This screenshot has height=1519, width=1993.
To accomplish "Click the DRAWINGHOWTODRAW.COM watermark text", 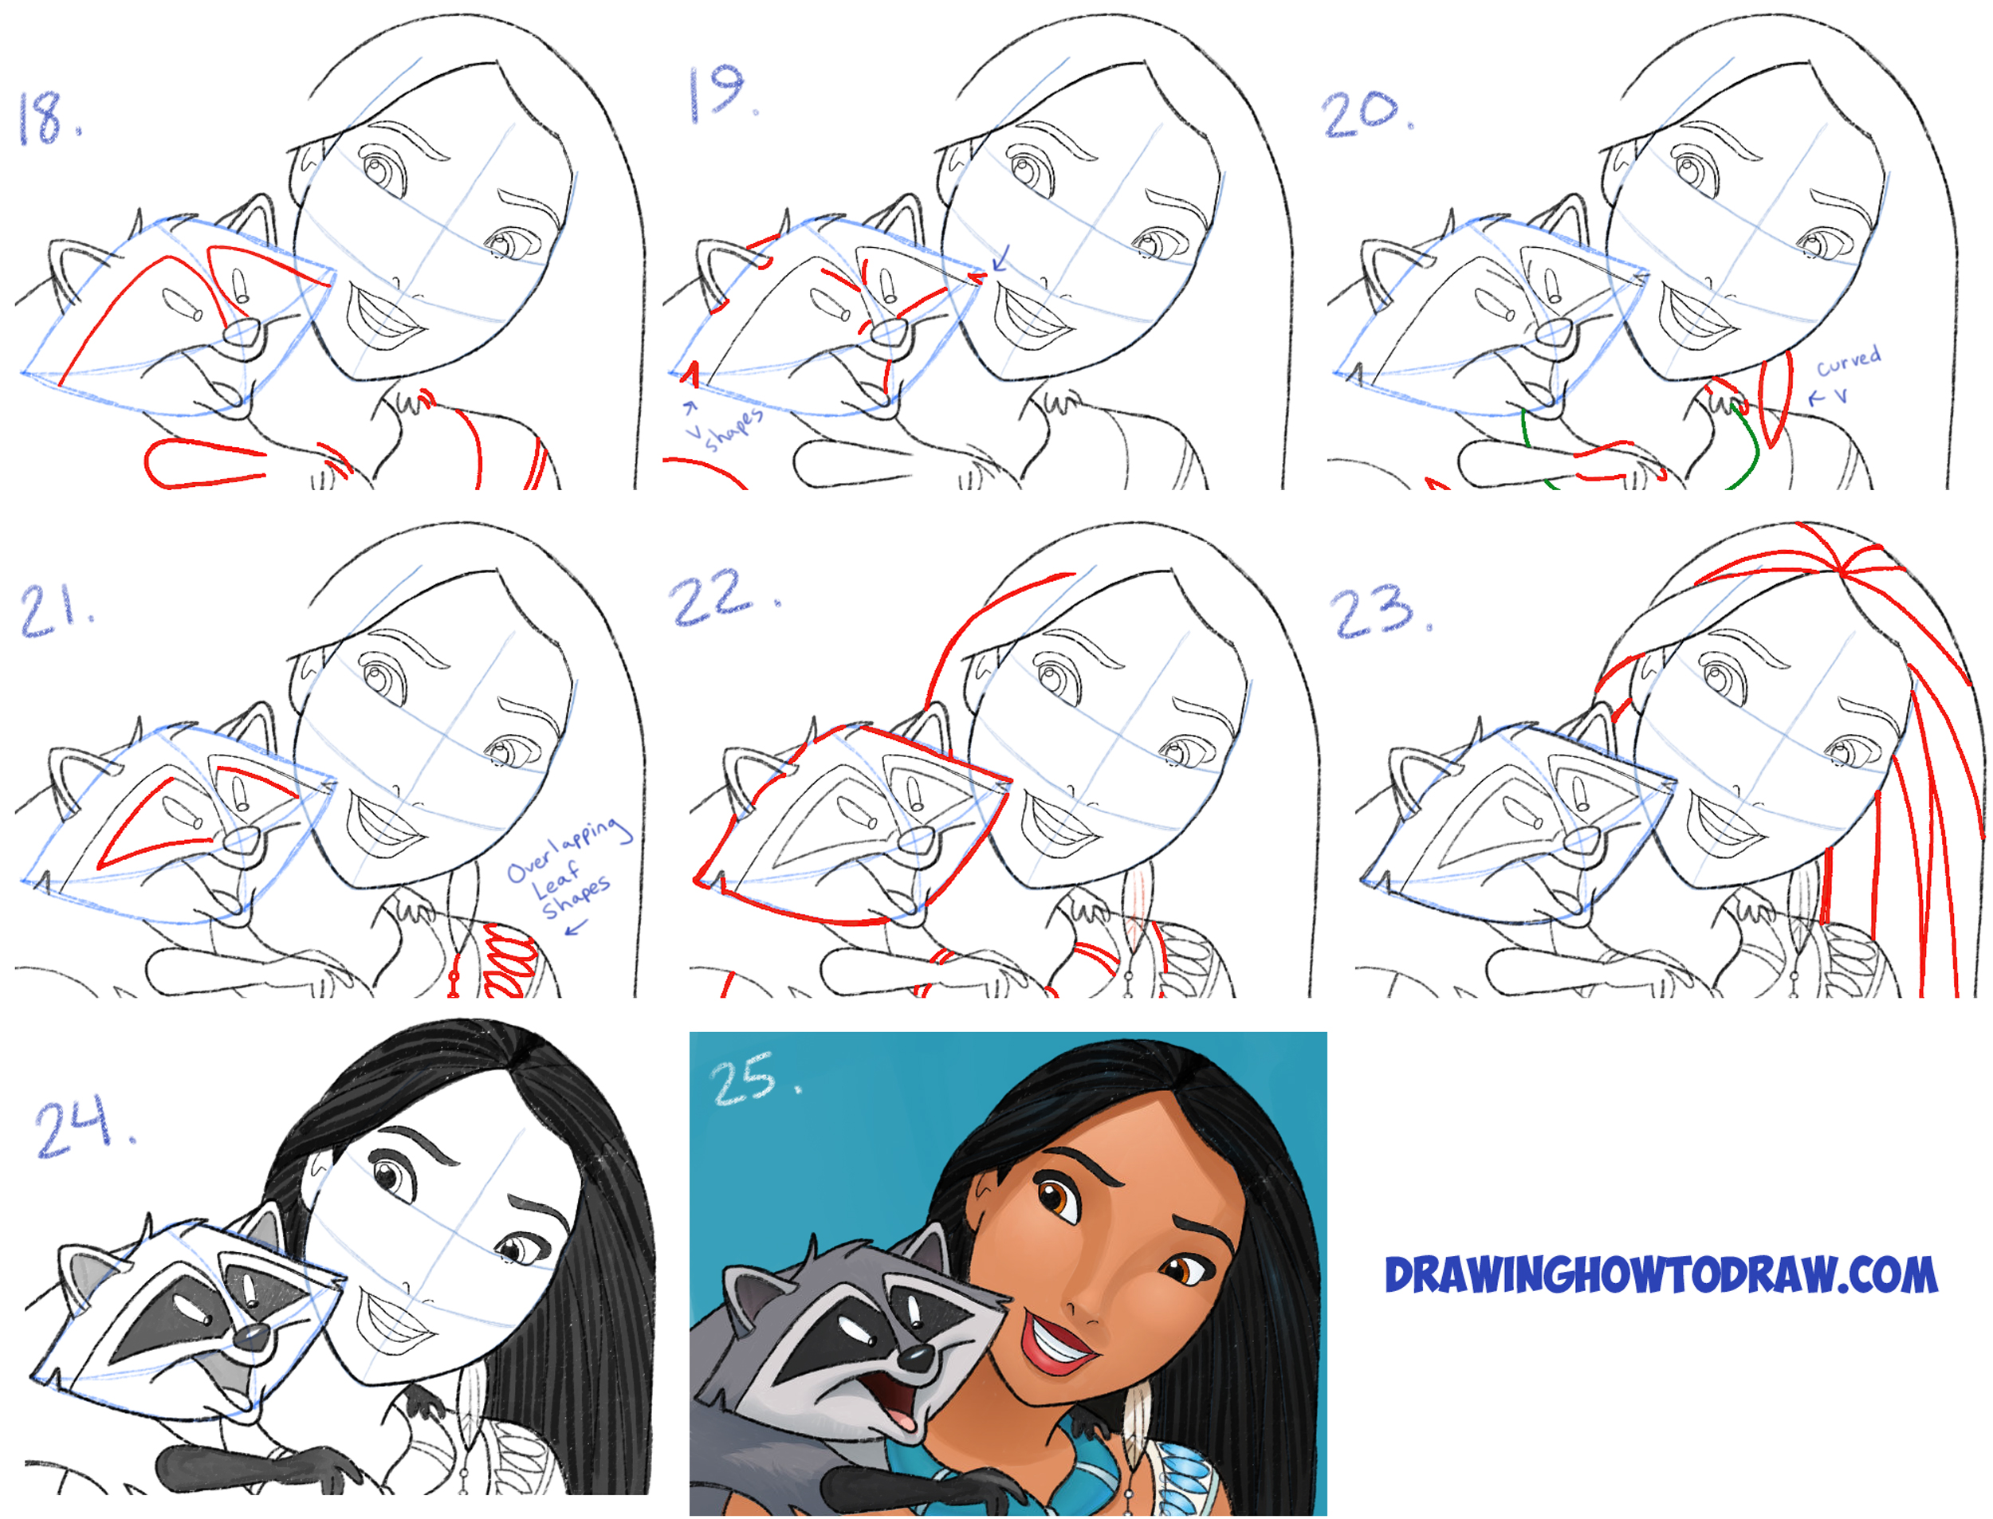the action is click(x=1661, y=1275).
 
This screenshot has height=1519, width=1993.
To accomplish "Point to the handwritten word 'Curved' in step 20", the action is click(x=1849, y=360).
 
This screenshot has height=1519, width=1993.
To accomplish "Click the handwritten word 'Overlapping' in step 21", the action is click(x=568, y=847).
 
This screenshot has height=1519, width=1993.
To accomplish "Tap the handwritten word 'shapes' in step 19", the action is click(x=734, y=428).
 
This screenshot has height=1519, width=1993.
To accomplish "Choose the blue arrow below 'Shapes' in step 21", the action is click(x=575, y=924).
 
